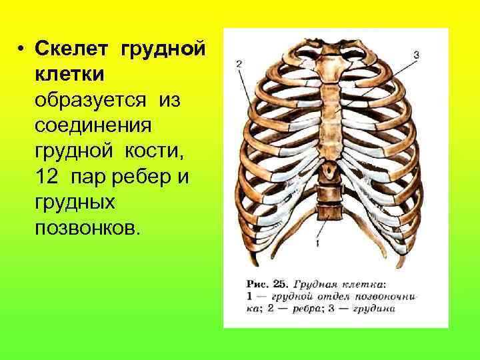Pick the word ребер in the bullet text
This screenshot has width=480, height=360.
click(142, 177)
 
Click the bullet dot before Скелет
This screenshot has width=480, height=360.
click(22, 49)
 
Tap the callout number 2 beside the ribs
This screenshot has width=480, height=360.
click(239, 64)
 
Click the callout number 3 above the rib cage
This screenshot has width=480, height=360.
click(416, 55)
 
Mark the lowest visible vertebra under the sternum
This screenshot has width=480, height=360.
click(327, 212)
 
